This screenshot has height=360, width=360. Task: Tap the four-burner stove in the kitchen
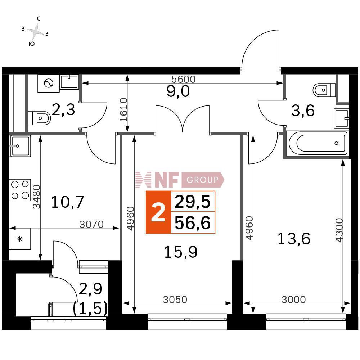pos(20,190)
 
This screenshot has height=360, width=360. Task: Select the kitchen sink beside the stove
pos(20,146)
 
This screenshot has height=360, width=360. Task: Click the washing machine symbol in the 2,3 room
pos(49,83)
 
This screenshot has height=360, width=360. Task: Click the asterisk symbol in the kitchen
pos(20,239)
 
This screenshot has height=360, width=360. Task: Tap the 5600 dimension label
pos(184,79)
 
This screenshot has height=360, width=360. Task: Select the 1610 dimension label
pos(123,109)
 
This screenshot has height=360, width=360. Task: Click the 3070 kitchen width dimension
pos(91,224)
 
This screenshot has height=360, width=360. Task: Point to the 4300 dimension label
pos(339,230)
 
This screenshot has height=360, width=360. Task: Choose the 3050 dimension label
pos(175,300)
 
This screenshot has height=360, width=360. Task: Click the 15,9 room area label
pos(181,252)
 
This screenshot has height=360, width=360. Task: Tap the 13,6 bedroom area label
pos(294,239)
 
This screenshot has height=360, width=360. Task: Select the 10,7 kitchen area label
pos(67,202)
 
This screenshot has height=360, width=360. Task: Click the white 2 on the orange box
pos(158,213)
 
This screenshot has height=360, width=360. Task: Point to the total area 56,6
pos(193,223)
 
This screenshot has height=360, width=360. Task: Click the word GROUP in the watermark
pos(202,180)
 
